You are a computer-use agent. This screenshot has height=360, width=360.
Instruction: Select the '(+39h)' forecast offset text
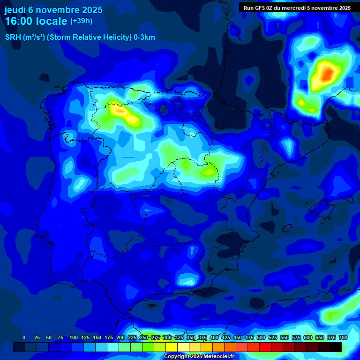[x=81, y=21]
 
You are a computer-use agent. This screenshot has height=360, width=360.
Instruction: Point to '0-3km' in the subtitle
[x=144, y=37]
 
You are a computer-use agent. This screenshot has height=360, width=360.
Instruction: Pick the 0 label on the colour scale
[x=24, y=337]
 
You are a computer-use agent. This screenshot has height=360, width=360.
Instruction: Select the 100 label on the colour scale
[x=74, y=337]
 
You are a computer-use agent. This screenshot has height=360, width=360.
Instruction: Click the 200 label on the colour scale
[x=120, y=337]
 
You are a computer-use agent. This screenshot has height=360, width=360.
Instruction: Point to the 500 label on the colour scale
[x=261, y=337]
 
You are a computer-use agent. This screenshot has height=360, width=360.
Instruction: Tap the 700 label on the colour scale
[x=343, y=337]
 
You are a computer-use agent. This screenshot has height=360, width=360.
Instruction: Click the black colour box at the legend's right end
[x=336, y=347]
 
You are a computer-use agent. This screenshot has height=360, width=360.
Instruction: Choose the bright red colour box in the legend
[x=265, y=347]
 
